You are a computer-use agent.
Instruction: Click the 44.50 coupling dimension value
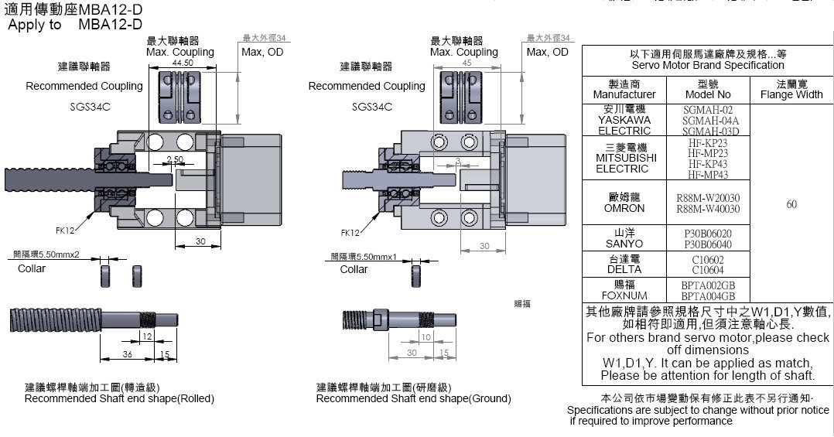click(x=183, y=62)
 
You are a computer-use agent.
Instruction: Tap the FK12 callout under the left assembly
click(x=66, y=230)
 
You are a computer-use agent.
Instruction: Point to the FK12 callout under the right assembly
click(x=350, y=232)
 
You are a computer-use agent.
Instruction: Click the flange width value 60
click(x=791, y=204)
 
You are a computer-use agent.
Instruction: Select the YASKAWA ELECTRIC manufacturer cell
click(x=624, y=120)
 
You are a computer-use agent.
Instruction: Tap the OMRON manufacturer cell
click(x=624, y=203)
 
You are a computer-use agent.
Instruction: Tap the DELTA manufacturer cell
click(x=624, y=265)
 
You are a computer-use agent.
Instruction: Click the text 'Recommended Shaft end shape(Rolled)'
click(x=119, y=398)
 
